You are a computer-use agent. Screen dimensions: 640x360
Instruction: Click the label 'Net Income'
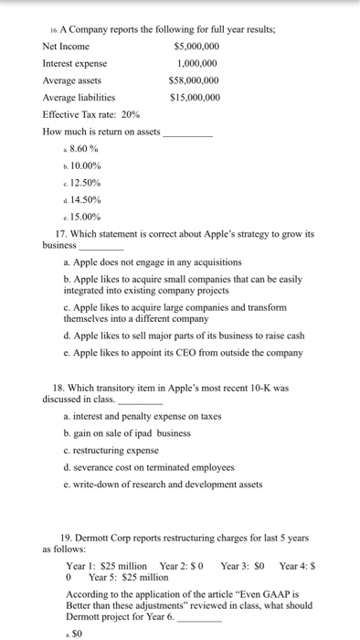(66, 47)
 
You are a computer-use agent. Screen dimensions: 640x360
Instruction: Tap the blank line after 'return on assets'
(186, 132)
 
